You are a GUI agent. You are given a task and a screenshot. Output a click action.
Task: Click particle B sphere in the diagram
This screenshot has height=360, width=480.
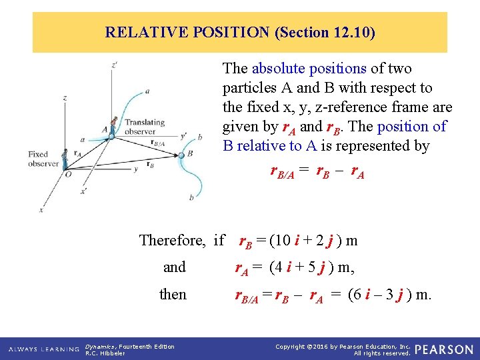click(181, 155)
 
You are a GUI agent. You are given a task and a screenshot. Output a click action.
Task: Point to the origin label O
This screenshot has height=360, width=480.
click(67, 174)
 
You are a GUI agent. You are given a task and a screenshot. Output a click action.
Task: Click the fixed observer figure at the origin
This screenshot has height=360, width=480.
click(65, 159)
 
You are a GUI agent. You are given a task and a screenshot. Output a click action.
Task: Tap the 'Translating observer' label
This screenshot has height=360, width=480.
click(145, 126)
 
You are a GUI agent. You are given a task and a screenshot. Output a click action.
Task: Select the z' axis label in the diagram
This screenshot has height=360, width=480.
click(115, 65)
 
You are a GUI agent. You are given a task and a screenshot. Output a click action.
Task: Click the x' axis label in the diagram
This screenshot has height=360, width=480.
click(83, 191)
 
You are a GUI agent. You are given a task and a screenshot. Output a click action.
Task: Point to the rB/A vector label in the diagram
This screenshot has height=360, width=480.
click(158, 142)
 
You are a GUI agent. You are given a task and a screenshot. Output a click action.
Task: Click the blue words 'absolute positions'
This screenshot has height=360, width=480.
click(309, 68)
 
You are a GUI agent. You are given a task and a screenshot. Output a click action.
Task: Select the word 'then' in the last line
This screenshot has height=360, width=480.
click(173, 294)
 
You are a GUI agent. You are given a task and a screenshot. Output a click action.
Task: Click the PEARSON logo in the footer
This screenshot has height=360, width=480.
click(443, 349)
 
